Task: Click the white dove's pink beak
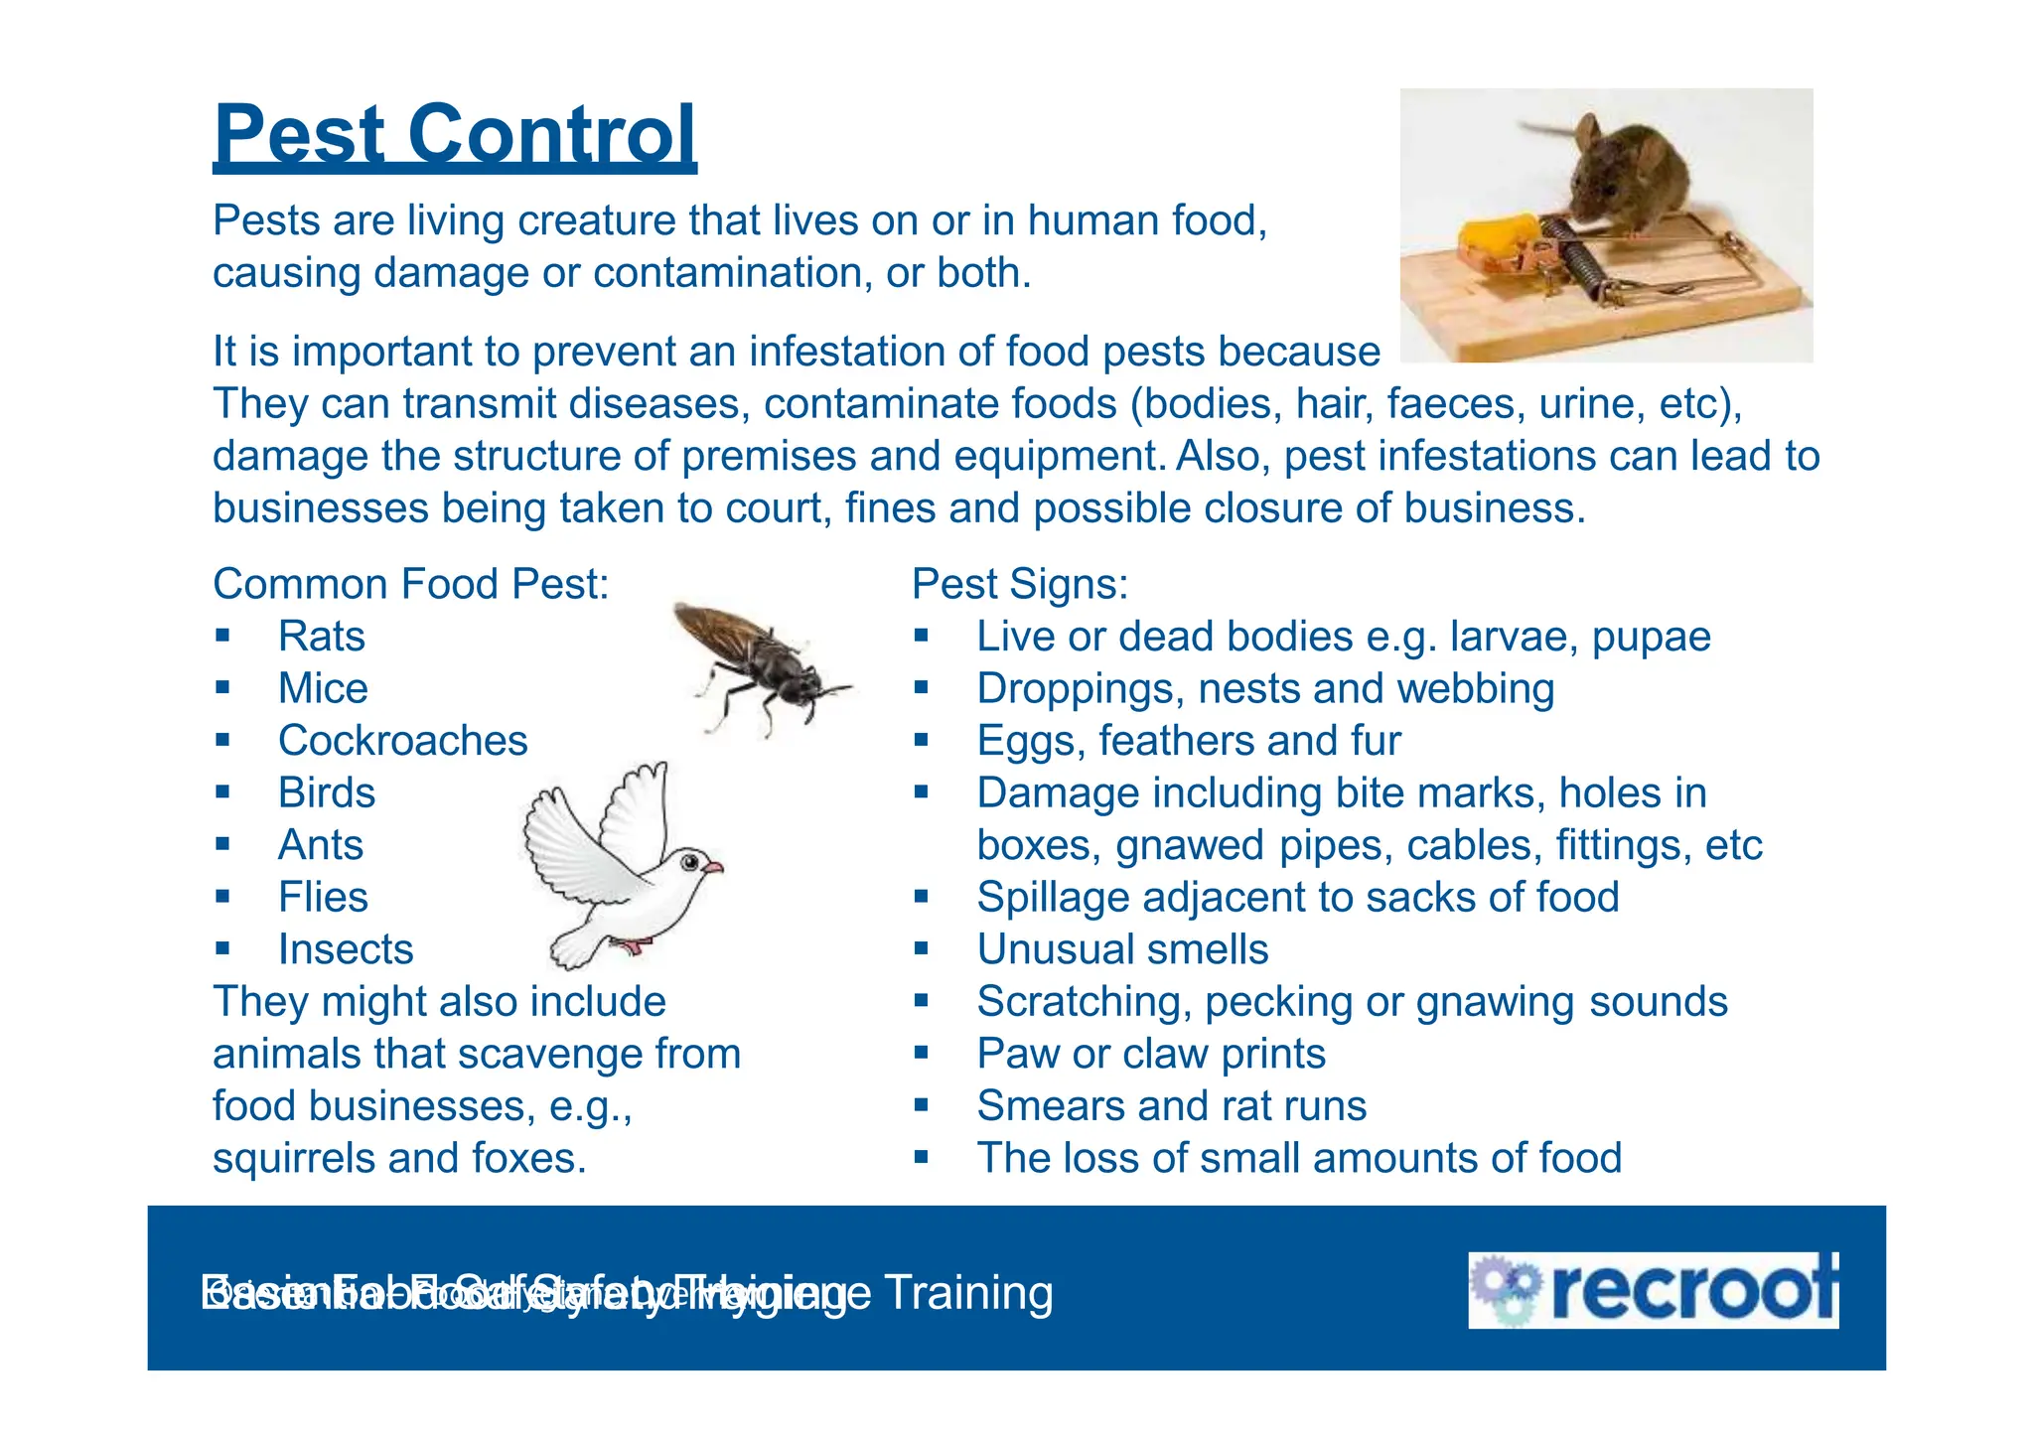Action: click(x=713, y=868)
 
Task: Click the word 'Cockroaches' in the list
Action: click(x=402, y=741)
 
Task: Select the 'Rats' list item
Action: click(x=321, y=637)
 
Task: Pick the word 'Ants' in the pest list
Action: click(x=320, y=845)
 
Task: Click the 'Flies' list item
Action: click(x=323, y=898)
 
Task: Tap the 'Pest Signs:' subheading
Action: click(x=1020, y=584)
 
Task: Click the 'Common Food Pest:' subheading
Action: click(x=410, y=584)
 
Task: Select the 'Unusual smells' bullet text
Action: click(x=1122, y=949)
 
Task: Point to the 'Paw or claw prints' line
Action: click(x=1151, y=1054)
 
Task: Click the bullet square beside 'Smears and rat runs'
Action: click(x=922, y=1104)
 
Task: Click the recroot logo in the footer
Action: click(x=1653, y=1291)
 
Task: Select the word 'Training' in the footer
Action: click(x=968, y=1293)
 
